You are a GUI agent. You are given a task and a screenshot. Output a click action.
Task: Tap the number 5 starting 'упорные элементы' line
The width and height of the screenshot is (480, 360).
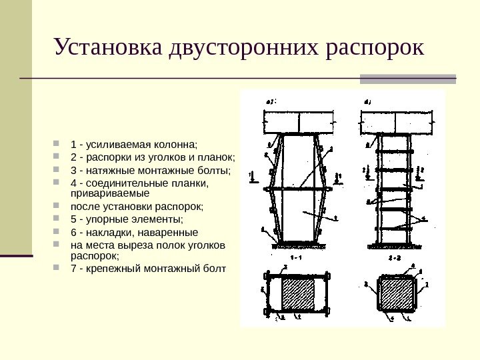pos(73,219)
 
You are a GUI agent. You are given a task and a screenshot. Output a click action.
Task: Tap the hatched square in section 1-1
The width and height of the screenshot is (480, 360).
pos(298,293)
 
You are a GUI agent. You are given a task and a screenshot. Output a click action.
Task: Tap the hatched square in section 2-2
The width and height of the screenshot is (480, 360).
pos(396,294)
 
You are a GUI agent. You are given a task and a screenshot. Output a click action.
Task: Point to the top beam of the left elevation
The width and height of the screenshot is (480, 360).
pos(298,122)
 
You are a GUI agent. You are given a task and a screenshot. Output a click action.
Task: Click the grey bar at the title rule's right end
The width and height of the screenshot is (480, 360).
pos(408,79)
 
